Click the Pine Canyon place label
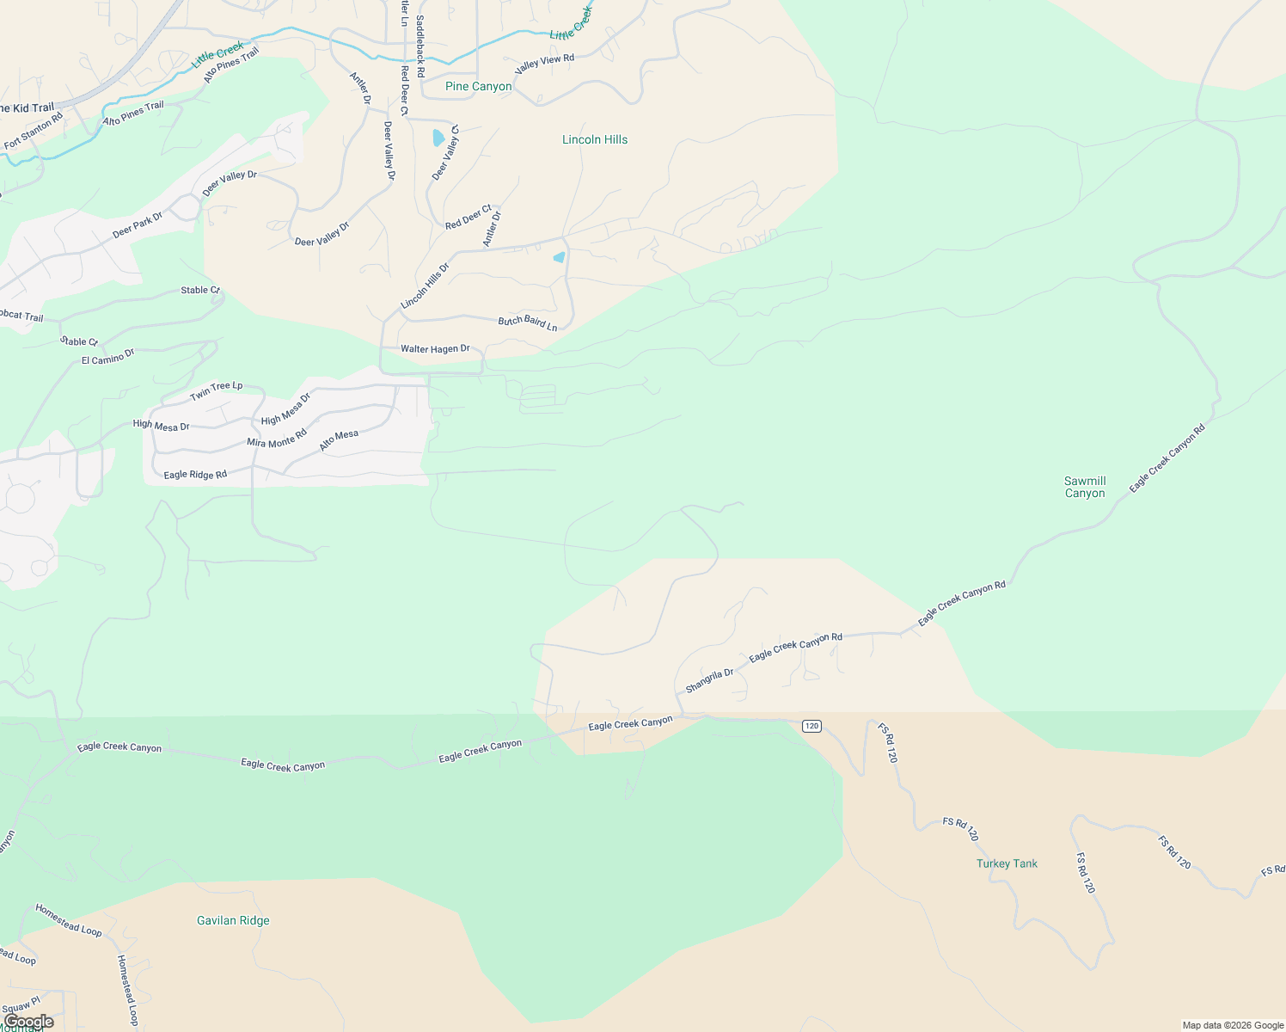tap(478, 86)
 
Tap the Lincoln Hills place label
tap(595, 139)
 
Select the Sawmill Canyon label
tap(1085, 487)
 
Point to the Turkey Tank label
tap(1007, 863)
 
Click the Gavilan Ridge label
tap(233, 920)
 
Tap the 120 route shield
tap(811, 726)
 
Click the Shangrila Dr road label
tap(709, 680)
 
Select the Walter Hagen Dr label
tap(435, 348)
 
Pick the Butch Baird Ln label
tap(528, 322)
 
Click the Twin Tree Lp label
tap(216, 391)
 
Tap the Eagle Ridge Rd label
tap(195, 475)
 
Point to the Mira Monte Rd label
tap(277, 439)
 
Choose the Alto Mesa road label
tap(339, 440)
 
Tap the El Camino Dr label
tap(108, 356)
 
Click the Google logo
tap(29, 1022)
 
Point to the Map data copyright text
tap(1233, 1025)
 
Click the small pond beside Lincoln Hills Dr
tap(560, 257)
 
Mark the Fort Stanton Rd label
tap(34, 131)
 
